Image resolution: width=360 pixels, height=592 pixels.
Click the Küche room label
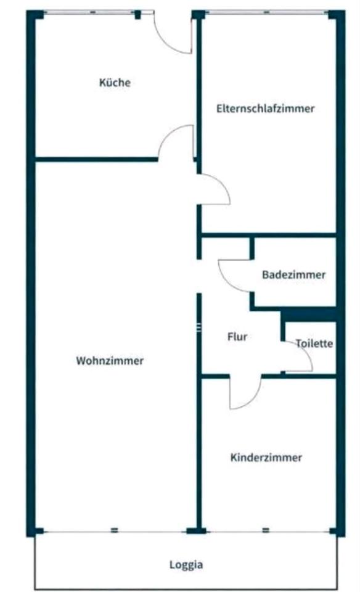point(115,82)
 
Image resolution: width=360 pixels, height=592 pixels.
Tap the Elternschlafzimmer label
point(265,109)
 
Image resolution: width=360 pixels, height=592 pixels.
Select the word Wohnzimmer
point(110,361)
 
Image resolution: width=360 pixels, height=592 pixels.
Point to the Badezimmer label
point(293,274)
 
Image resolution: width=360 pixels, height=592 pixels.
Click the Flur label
point(237,337)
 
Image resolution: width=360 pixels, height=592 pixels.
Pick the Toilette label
point(314,343)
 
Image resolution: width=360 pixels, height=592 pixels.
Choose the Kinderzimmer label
point(266,458)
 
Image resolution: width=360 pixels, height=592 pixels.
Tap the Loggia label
point(186,565)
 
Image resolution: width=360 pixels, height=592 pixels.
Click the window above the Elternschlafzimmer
point(266,12)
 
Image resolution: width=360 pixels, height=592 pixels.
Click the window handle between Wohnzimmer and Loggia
point(114,530)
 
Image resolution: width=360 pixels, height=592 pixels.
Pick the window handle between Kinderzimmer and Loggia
point(266,530)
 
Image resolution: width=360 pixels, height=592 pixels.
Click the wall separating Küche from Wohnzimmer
point(96,159)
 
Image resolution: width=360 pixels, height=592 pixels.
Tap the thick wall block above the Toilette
point(309,316)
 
